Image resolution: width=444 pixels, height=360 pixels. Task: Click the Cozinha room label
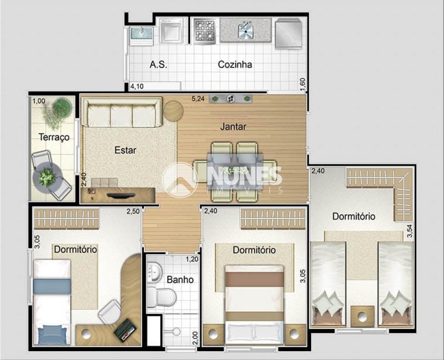coord(235,64)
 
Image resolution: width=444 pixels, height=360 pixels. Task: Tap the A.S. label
coord(159,64)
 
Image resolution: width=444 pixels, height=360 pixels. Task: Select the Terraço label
coord(54,137)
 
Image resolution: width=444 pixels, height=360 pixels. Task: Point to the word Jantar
coord(234,126)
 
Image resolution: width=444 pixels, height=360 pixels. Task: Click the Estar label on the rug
coord(126,150)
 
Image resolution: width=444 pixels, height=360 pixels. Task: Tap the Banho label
coord(180,280)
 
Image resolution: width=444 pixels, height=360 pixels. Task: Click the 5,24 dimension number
coord(198,99)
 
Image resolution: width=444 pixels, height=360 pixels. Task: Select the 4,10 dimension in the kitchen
coord(137,87)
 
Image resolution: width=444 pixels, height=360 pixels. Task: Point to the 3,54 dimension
coord(409,231)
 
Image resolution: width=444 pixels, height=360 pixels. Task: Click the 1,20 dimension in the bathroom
coord(192,259)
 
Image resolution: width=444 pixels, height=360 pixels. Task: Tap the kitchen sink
coord(246,30)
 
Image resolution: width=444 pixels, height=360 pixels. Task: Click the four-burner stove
coord(204,31)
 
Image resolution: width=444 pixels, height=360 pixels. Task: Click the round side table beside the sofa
coord(174,111)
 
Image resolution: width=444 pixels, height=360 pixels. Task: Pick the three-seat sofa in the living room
coord(122,112)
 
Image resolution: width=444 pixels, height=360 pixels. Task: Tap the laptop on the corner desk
coord(125,330)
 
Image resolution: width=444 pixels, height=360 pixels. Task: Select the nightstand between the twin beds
coord(362,316)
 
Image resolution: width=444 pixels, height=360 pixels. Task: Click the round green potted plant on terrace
coord(62,107)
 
